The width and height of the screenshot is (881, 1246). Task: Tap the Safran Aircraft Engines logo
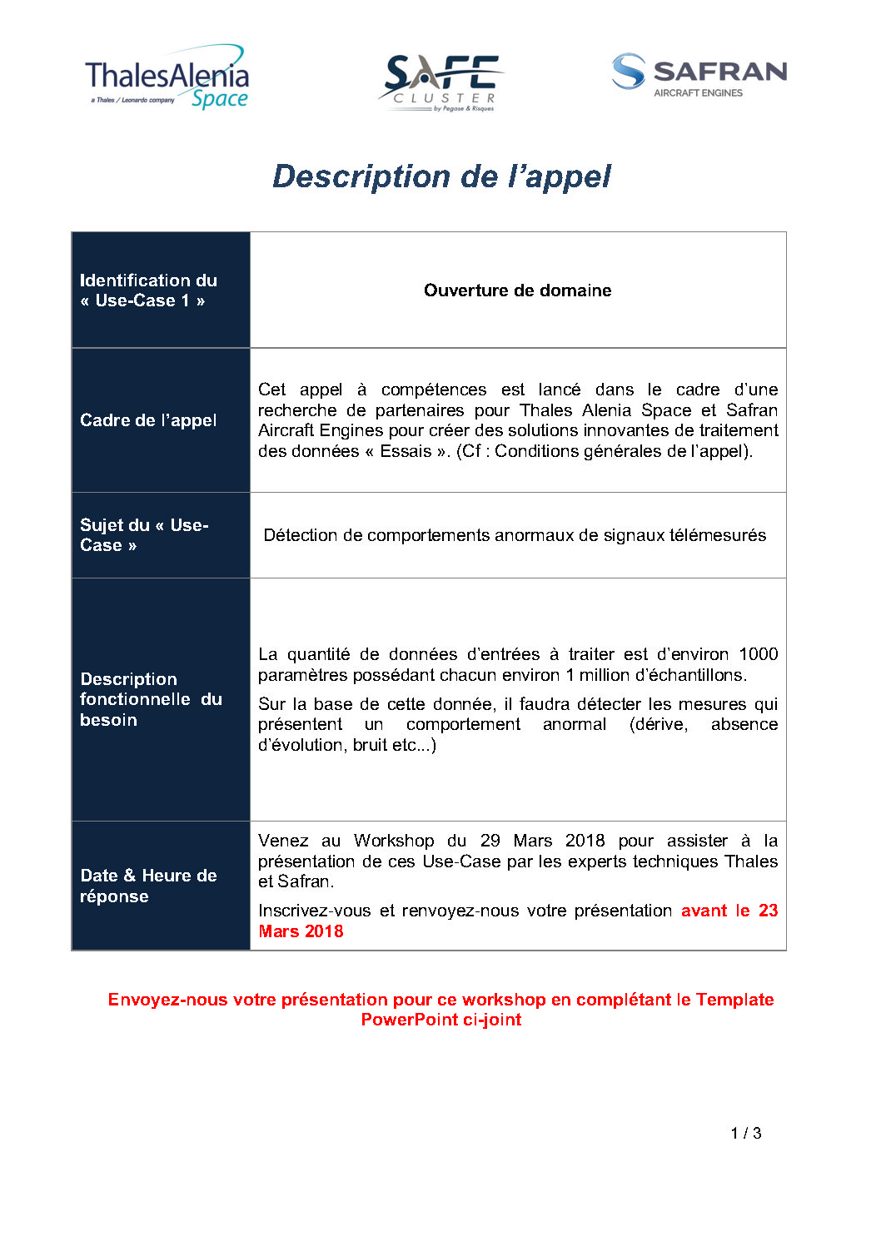[x=699, y=76]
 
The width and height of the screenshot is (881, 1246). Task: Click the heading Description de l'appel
[x=441, y=176]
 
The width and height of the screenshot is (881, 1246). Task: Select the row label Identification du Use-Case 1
[x=147, y=290]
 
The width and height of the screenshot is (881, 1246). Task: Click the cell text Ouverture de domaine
[x=517, y=290]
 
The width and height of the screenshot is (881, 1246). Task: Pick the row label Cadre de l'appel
[x=148, y=420]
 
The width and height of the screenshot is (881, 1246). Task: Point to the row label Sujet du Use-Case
[x=143, y=535]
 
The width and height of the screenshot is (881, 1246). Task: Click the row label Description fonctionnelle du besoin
[x=151, y=699]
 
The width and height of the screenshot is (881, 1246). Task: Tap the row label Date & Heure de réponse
[x=148, y=886]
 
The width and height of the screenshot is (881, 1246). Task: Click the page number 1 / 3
[x=746, y=1133]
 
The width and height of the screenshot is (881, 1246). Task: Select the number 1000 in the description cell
[x=758, y=654]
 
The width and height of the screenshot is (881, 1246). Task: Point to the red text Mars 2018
[x=301, y=931]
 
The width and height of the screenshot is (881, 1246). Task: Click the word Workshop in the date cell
[x=393, y=841]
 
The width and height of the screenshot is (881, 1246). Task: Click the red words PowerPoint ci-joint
[x=440, y=1020]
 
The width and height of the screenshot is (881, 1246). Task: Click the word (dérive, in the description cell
[x=659, y=724]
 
